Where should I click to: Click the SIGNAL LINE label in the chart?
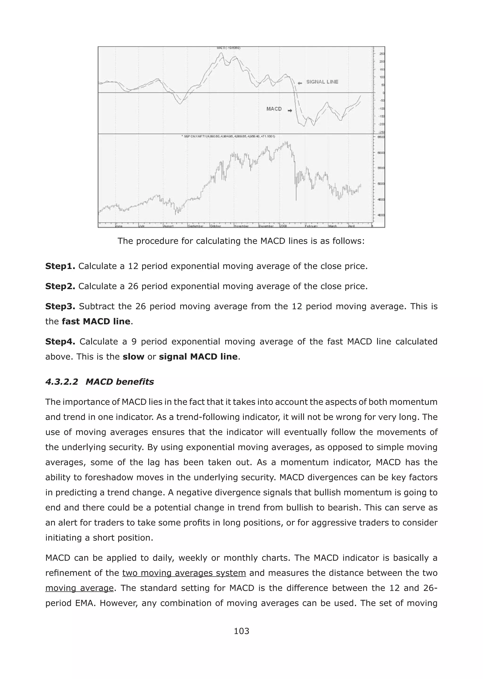(x=322, y=82)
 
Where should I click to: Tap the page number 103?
(x=241, y=631)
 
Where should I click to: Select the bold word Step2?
(x=60, y=286)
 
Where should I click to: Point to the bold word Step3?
(x=60, y=306)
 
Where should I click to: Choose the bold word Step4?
(x=60, y=342)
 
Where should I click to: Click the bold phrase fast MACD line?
(x=96, y=321)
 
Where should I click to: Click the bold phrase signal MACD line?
(x=198, y=356)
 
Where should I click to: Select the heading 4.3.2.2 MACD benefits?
(x=100, y=382)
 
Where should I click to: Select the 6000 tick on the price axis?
(x=381, y=153)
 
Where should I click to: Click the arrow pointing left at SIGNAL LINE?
(x=300, y=83)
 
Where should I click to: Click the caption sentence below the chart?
(x=241, y=241)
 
